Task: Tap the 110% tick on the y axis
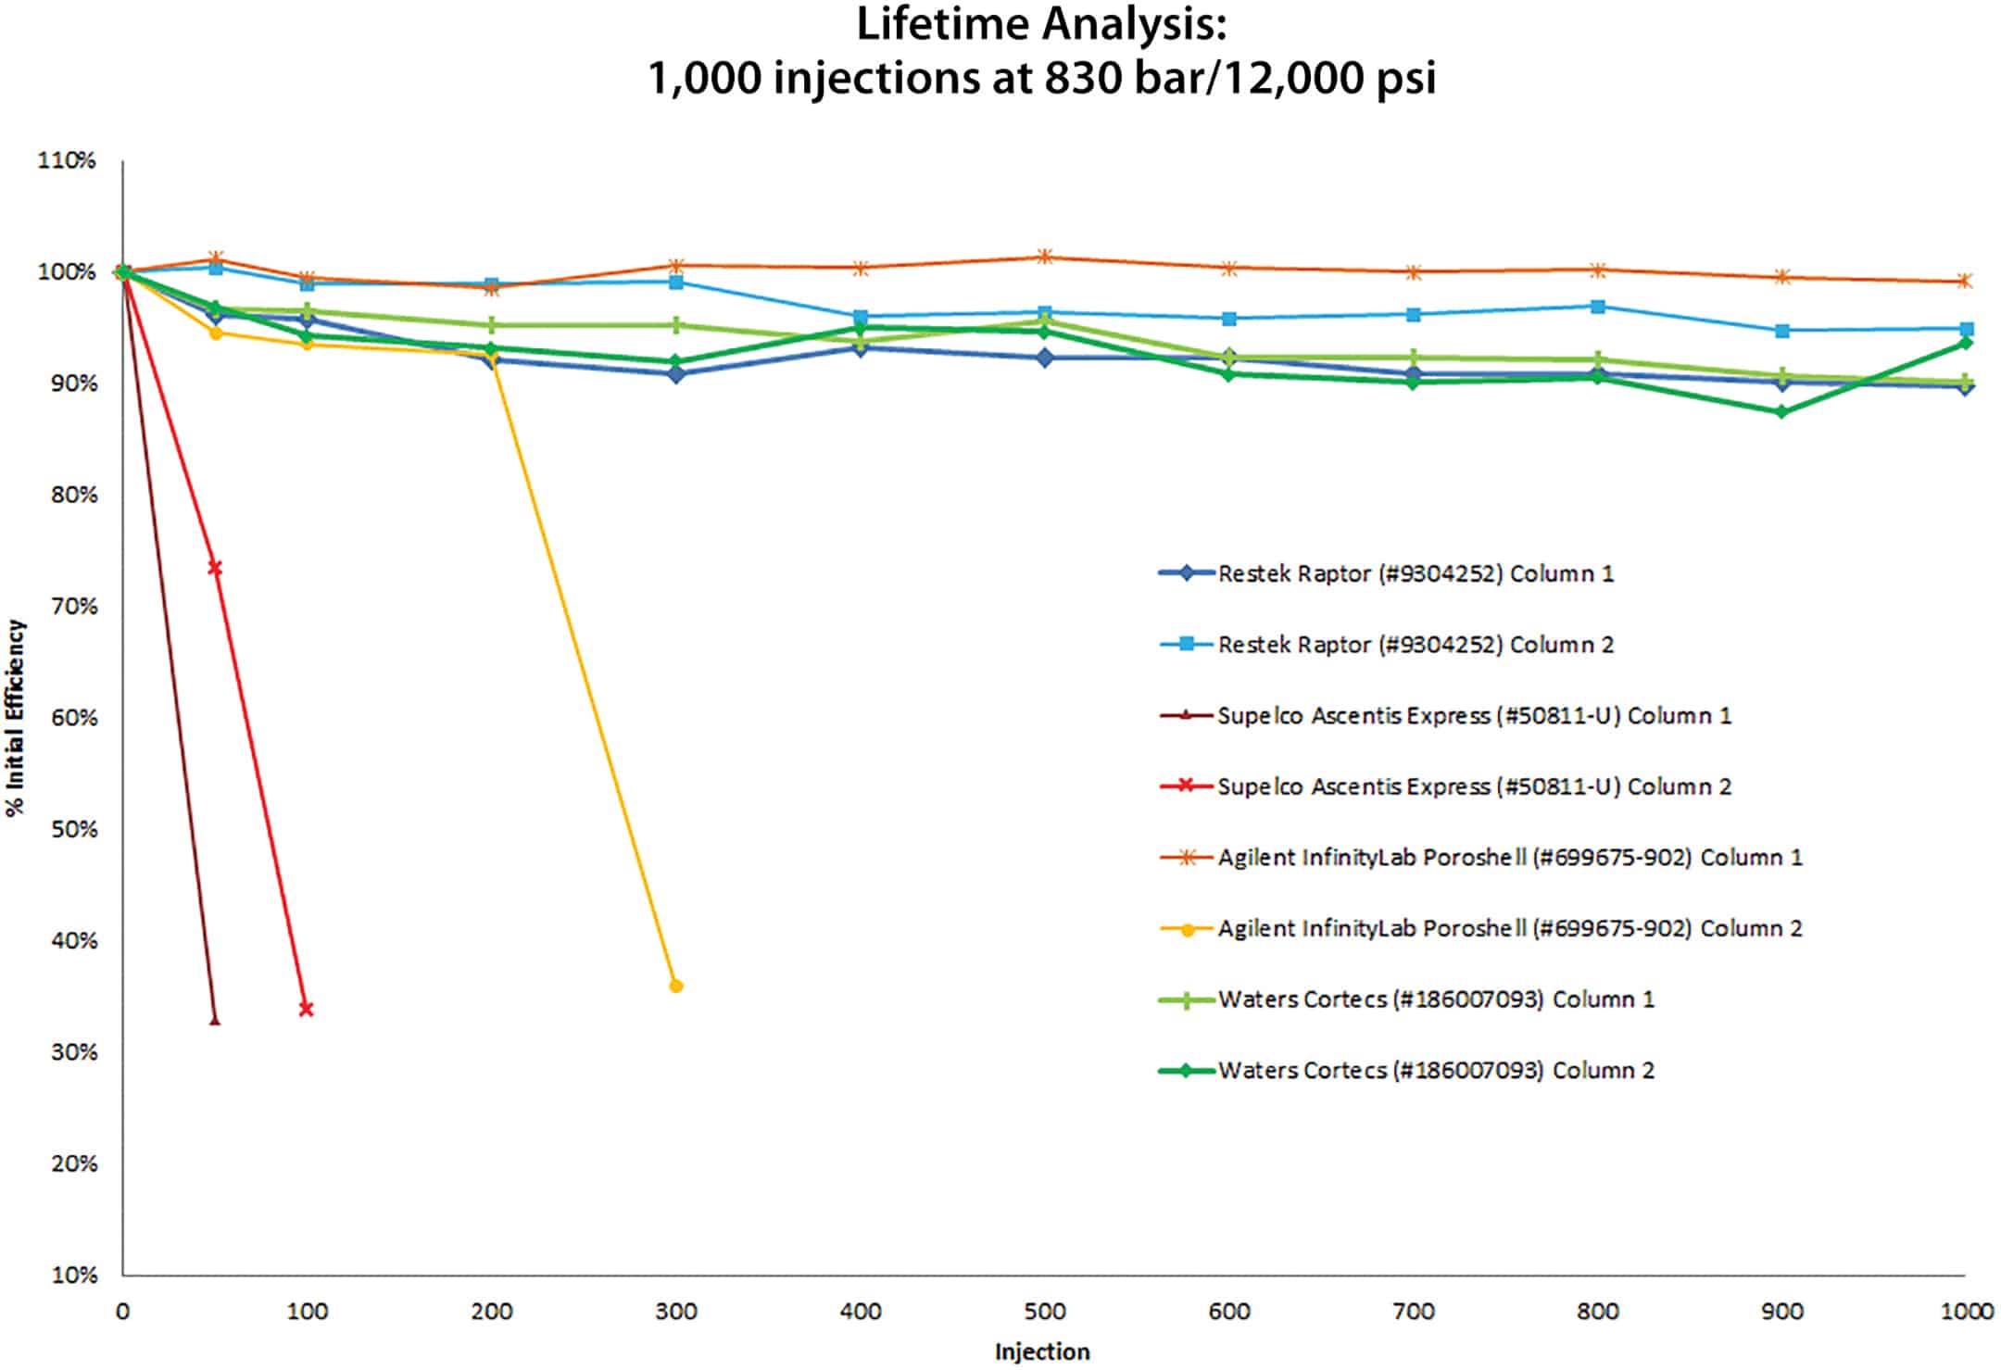(x=67, y=161)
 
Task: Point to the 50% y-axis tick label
(x=73, y=829)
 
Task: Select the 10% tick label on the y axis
(x=73, y=1275)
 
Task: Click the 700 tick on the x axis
(x=1413, y=1312)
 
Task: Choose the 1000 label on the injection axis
(x=1966, y=1312)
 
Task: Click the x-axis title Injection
(x=1042, y=1351)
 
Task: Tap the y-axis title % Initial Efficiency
(x=16, y=718)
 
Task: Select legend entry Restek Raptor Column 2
(x=1415, y=645)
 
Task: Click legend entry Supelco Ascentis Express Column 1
(x=1473, y=715)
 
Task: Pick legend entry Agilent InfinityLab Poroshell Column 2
(x=1509, y=928)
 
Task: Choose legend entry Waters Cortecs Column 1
(x=1435, y=999)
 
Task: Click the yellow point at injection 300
(x=676, y=986)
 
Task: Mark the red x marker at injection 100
(x=307, y=1009)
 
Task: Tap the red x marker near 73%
(x=215, y=568)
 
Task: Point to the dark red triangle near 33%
(x=215, y=1020)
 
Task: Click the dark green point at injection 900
(x=1781, y=411)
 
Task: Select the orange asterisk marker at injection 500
(x=1044, y=257)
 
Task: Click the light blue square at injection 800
(x=1598, y=307)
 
